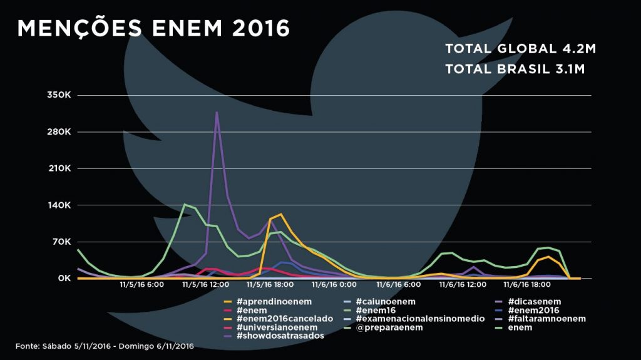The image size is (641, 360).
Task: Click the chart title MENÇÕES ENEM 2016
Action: coord(153,28)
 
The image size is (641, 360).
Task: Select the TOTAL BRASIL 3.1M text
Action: coord(515,69)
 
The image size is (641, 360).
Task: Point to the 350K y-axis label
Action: coord(58,95)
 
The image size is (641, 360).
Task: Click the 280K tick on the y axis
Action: coord(58,132)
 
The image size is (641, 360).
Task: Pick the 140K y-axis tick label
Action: coord(58,205)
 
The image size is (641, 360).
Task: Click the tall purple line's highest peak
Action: coord(217,112)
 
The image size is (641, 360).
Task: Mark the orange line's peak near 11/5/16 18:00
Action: coord(280,214)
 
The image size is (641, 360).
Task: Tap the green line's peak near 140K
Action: coord(185,204)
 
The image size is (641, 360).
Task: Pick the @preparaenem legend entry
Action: coord(393,327)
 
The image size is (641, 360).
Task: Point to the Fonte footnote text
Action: coord(105,346)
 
